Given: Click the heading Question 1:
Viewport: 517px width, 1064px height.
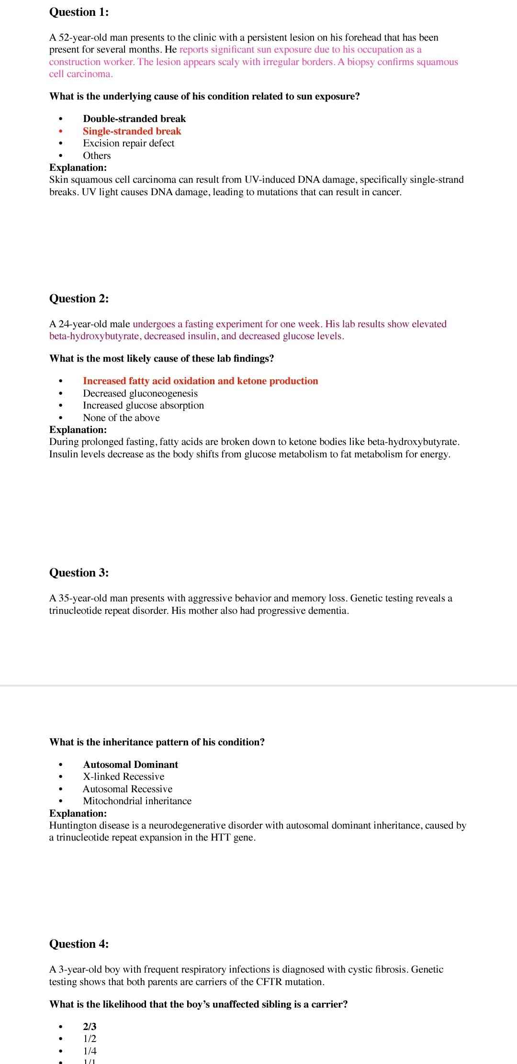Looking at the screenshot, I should (79, 12).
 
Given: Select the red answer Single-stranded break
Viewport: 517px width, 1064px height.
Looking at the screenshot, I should (132, 131).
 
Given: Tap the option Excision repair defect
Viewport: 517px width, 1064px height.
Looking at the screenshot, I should (128, 143).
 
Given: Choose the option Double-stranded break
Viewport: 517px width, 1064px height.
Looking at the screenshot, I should (134, 119).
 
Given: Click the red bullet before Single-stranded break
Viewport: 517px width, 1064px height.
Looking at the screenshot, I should (60, 132).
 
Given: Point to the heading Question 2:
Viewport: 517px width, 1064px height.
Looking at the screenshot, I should (79, 299).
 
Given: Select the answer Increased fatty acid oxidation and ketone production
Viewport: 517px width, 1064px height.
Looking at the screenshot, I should (200, 381).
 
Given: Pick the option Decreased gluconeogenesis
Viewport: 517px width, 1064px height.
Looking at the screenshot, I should (140, 393).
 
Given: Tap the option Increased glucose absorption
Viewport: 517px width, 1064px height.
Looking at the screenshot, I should (143, 405).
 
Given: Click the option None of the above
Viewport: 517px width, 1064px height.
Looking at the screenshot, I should (121, 418).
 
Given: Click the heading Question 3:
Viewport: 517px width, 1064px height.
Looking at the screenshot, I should (79, 573).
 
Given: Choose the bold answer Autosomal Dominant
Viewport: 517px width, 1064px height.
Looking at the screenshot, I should (130, 765).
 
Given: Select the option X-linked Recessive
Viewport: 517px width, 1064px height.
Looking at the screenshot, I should (124, 776).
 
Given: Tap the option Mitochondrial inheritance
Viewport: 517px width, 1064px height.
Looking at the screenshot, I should (137, 801).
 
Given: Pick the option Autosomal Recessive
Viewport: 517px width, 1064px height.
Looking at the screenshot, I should (127, 789).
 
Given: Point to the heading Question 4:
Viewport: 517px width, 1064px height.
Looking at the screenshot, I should (79, 944).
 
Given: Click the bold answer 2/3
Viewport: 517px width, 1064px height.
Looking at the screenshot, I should (90, 1027).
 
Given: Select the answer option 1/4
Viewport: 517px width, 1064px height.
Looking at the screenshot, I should (90, 1051).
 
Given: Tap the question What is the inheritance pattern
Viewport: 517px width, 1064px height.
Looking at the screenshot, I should (157, 742).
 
